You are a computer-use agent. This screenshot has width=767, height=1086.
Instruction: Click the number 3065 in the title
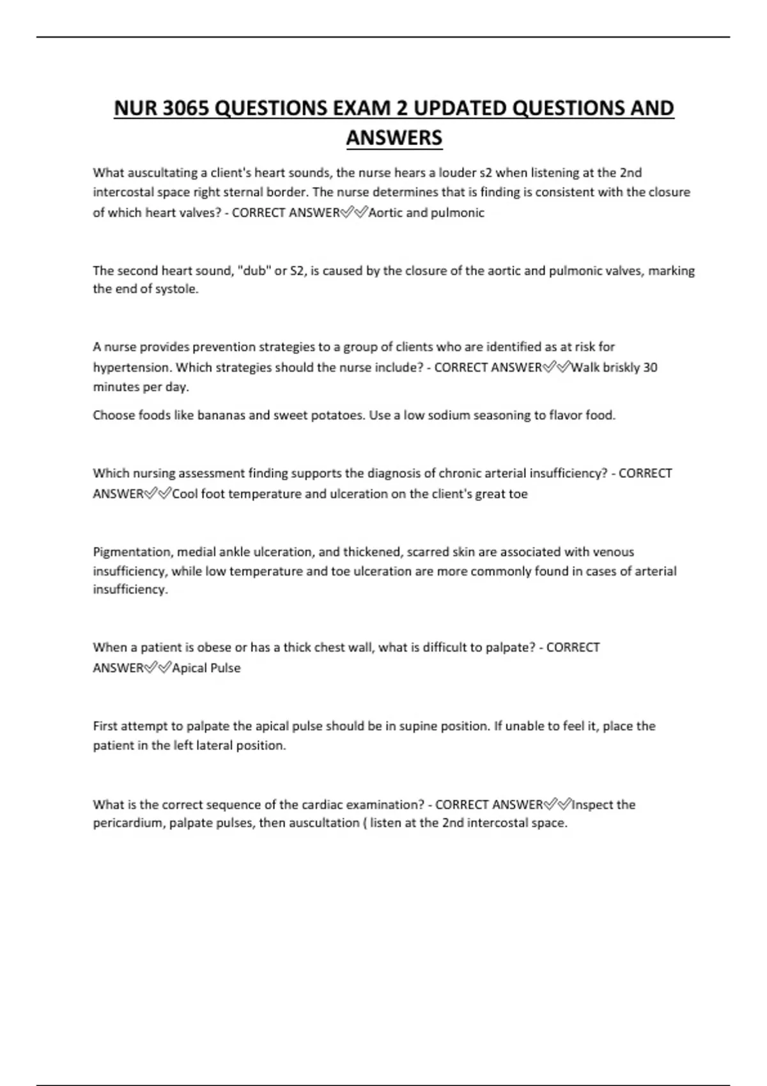pos(185,109)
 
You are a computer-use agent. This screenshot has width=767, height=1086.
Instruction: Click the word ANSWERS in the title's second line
pos(394,138)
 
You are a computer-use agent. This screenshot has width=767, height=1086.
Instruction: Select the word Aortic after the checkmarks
pos(385,213)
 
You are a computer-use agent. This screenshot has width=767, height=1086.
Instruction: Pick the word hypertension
pos(132,367)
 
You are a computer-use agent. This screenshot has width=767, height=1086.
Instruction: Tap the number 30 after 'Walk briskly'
pos(650,367)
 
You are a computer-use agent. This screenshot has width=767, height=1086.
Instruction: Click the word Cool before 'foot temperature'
pos(185,494)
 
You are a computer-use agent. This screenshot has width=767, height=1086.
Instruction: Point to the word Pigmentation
pos(132,552)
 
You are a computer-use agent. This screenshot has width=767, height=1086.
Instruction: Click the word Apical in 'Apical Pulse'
pos(189,668)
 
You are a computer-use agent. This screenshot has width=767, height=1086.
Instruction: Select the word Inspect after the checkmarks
pos(594,805)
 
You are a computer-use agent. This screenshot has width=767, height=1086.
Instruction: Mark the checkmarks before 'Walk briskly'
pos(557,367)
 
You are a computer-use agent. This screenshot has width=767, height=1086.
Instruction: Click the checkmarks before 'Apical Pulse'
pos(158,668)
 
